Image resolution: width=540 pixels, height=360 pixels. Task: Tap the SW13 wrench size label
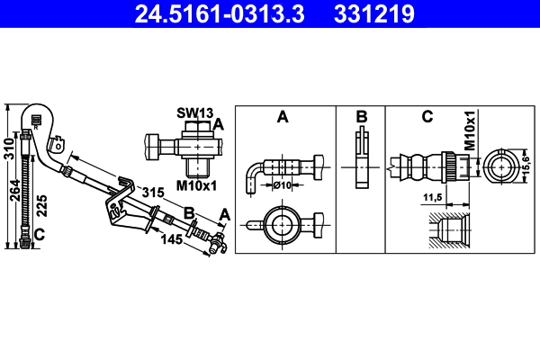[x=193, y=112]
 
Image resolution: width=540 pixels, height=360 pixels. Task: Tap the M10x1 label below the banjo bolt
[x=195, y=186]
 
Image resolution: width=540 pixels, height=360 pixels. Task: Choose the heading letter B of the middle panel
[x=361, y=116]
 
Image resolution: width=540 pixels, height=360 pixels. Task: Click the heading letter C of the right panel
[x=427, y=116]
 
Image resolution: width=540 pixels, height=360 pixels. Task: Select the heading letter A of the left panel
[x=282, y=116]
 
